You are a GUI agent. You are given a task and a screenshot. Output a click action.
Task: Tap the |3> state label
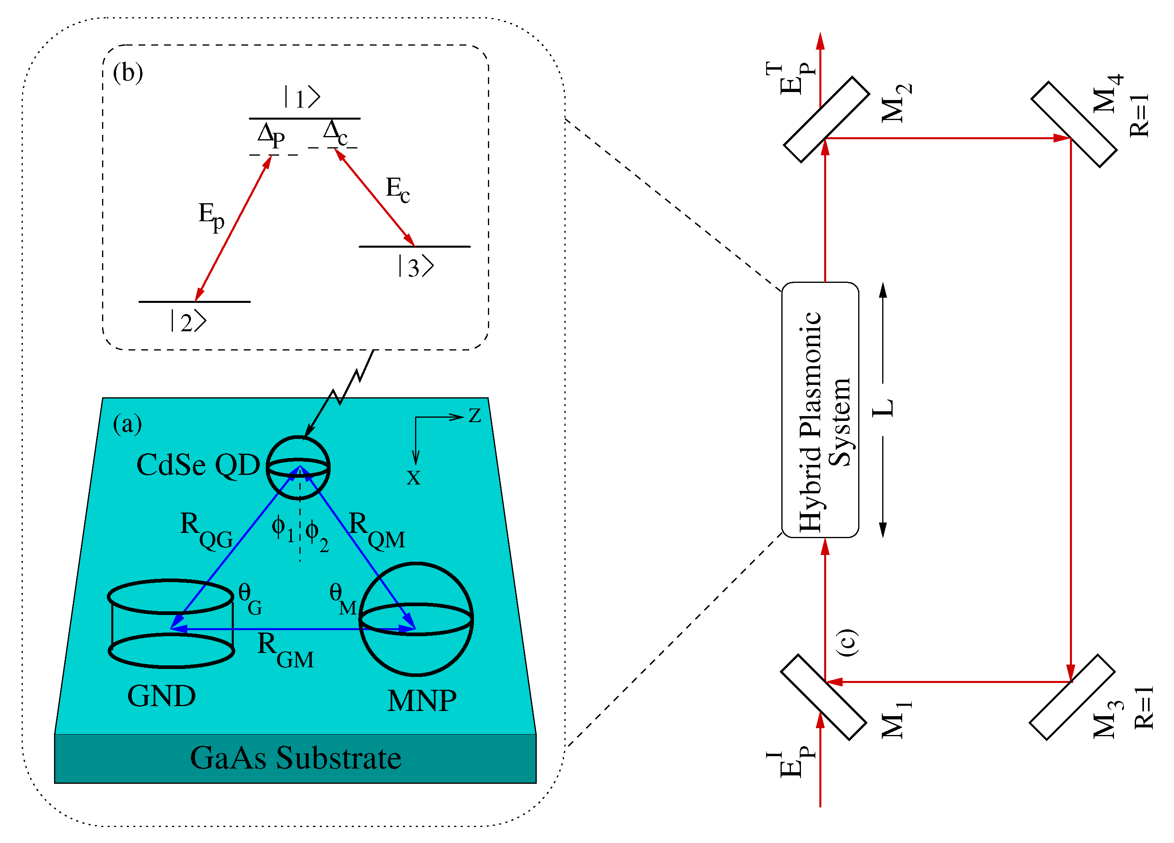pos(415,267)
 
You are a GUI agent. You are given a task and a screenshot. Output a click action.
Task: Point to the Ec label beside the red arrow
pos(397,189)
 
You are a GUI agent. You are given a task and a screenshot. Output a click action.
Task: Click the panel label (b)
pos(128,72)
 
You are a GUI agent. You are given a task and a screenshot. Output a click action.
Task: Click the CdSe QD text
pos(198,465)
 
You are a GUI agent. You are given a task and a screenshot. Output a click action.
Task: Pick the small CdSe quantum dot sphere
pos(298,467)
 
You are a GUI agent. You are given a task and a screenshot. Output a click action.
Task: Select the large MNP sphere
pos(416,619)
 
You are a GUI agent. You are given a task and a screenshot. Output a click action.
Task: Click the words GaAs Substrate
pos(295,758)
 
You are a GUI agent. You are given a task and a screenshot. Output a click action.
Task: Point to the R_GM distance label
pos(285,650)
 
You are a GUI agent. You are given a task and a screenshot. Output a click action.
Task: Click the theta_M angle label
pos(343,599)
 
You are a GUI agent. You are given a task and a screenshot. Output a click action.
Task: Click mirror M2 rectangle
pos(826,120)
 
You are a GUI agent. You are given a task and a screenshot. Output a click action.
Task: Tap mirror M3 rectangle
pos(1072,697)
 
